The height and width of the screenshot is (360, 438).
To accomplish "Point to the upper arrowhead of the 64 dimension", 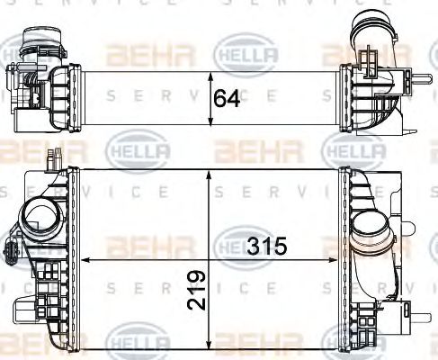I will pyautogui.click(x=211, y=71).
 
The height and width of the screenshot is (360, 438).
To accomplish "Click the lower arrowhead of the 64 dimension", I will pyautogui.click(x=211, y=126).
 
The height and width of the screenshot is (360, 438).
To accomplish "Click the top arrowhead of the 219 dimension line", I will pyautogui.click(x=211, y=170).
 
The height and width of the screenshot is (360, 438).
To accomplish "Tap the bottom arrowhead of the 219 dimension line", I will pyautogui.click(x=211, y=346).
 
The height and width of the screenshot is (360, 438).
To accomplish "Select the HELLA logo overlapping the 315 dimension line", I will pyautogui.click(x=241, y=244).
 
